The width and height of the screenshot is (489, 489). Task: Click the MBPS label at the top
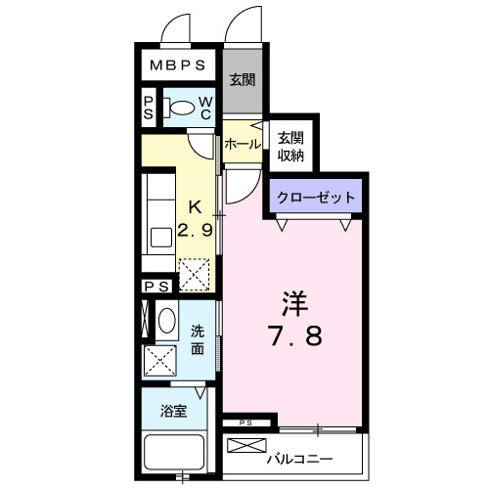coord(177,67)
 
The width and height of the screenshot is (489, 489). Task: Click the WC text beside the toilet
coord(206,108)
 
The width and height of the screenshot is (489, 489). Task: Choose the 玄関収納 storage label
coord(290,146)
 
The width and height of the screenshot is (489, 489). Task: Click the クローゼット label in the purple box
coord(315,197)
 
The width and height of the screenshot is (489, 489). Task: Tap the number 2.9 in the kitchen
coord(196,230)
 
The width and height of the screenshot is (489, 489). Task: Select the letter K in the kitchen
coord(195,207)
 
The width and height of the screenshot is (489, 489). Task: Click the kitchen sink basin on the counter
coord(157,236)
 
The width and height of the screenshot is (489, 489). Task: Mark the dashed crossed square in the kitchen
coord(194,275)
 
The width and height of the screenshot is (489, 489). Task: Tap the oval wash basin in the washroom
coord(166,321)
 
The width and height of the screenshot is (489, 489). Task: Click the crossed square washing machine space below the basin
coord(159,361)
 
